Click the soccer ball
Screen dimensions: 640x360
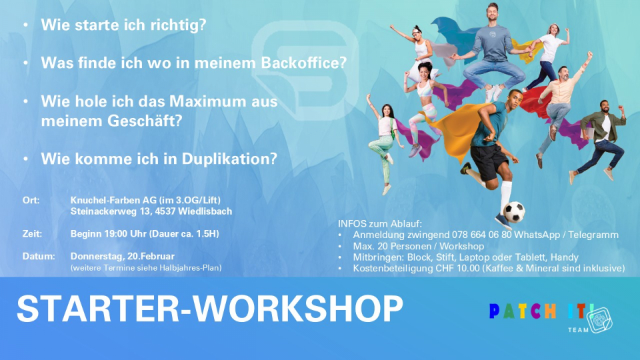pyautogui.click(x=514, y=212)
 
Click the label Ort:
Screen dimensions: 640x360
pyautogui.click(x=31, y=201)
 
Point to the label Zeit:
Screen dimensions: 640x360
pyautogui.click(x=32, y=234)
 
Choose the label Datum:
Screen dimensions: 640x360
pyautogui.click(x=39, y=256)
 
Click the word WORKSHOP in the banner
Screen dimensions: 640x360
pyautogui.click(x=298, y=308)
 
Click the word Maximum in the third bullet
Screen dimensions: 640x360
pyautogui.click(x=209, y=101)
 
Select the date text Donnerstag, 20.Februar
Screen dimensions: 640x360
pyautogui.click(x=123, y=257)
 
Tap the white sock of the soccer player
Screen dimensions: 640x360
pyautogui.click(x=506, y=196)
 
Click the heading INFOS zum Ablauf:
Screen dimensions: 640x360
pyautogui.click(x=379, y=224)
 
